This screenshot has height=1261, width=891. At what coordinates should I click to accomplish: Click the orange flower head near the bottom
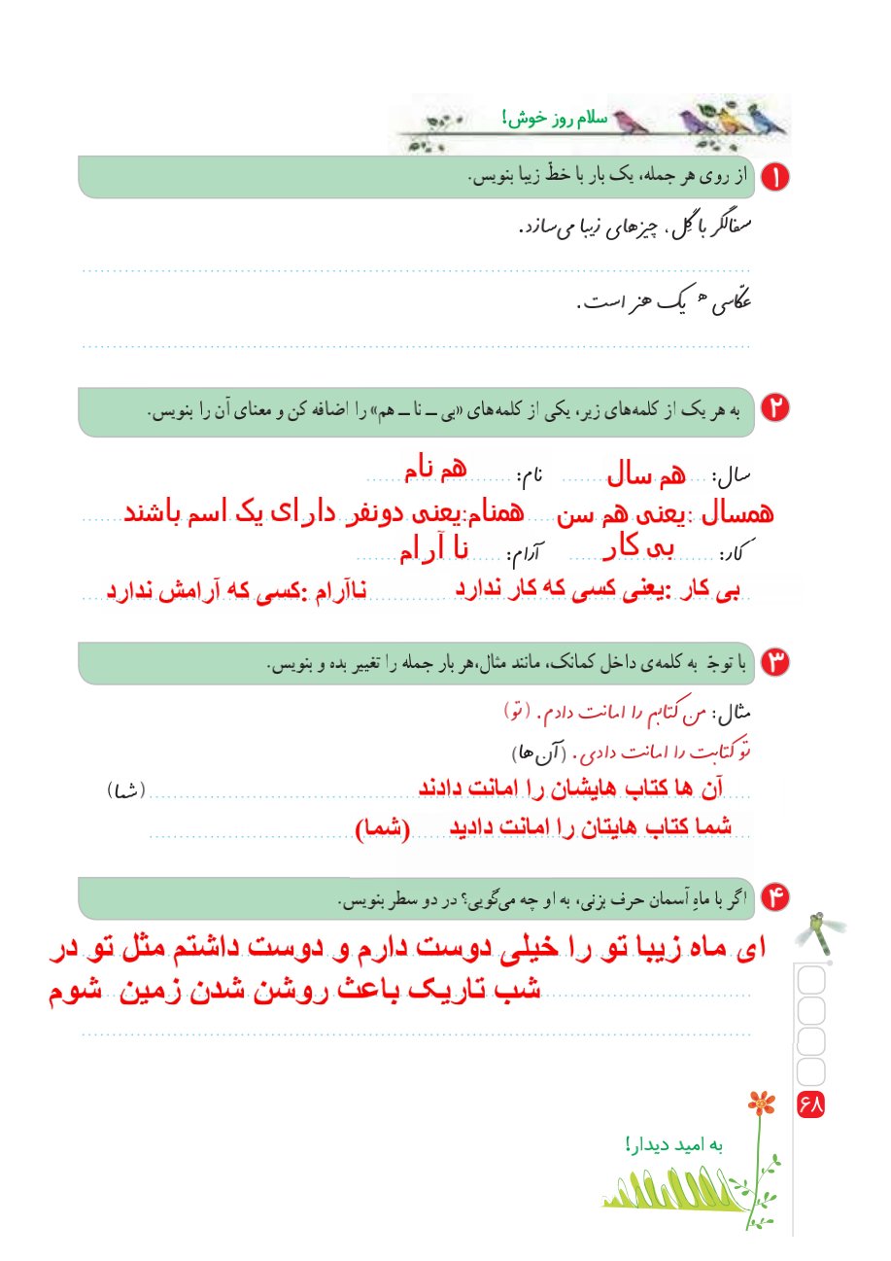763,1103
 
